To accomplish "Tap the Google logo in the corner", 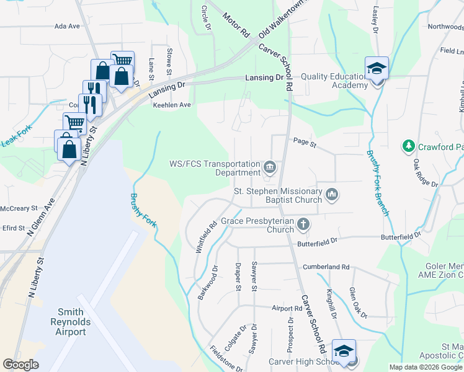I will (21, 365).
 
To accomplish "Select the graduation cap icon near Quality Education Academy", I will (376, 68).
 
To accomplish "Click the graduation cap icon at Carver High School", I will (344, 351).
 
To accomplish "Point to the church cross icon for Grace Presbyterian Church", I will (303, 224).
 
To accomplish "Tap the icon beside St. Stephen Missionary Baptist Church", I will (332, 195).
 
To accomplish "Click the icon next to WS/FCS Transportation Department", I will (270, 166).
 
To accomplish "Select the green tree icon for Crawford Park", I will (408, 146).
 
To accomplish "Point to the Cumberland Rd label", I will (326, 267).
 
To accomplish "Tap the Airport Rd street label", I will (287, 308).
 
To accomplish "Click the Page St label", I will (305, 144).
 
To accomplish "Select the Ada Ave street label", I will (68, 26).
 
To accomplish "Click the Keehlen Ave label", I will (172, 105).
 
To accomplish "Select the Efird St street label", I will (12, 228).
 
